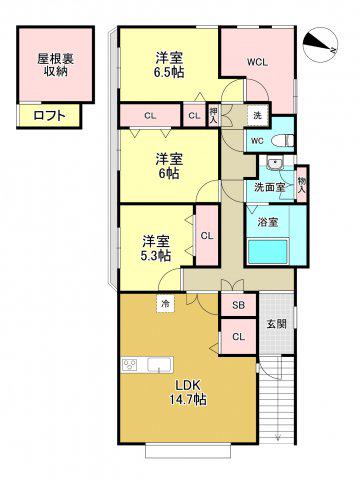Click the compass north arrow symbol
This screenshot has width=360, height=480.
coord(321,44)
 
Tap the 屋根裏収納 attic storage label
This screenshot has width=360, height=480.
coord(55,65)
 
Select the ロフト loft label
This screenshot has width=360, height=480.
coord(49,116)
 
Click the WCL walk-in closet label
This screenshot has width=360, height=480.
coord(257,62)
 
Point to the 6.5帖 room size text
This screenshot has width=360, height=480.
coord(169,72)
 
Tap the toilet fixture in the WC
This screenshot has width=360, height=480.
coord(283,141)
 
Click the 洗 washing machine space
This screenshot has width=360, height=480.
coord(258,115)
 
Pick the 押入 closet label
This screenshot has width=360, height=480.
coord(213,115)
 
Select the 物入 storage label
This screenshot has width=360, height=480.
coord(301,185)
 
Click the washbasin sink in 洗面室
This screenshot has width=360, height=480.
coord(275,163)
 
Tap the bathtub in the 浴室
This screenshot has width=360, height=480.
coord(268,252)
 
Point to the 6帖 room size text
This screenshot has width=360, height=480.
coord(169,173)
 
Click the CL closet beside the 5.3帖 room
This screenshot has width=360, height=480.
coord(207,236)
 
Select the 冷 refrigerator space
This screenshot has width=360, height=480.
coord(165,304)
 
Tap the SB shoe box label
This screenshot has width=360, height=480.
coord(239,305)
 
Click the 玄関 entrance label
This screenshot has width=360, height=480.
coord(277,324)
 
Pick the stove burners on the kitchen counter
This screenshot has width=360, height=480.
coord(130,365)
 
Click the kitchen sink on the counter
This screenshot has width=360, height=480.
coord(160,365)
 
